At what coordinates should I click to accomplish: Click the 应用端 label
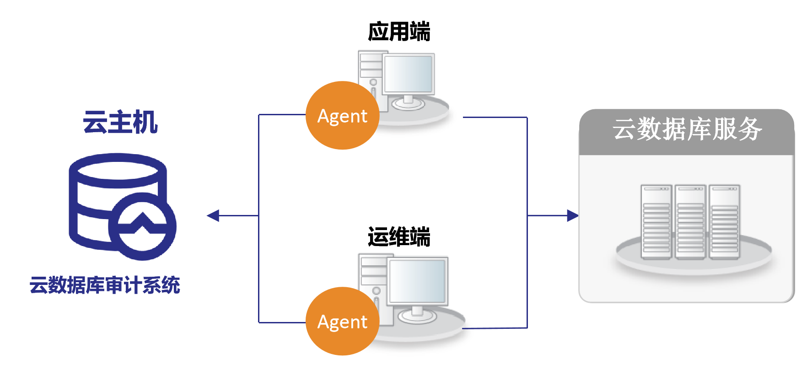pyautogui.click(x=399, y=32)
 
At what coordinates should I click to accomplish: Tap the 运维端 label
pyautogui.click(x=399, y=237)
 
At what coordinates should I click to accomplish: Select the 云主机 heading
pyautogui.click(x=120, y=122)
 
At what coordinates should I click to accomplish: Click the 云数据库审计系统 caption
pyautogui.click(x=105, y=285)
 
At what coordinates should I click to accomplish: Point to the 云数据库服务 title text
pyautogui.click(x=687, y=129)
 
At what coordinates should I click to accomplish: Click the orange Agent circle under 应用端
pyautogui.click(x=342, y=115)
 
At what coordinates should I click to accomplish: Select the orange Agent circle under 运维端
pyautogui.click(x=342, y=321)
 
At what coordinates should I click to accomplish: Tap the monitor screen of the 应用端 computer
pyautogui.click(x=409, y=74)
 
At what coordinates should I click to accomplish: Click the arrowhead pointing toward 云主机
pyautogui.click(x=213, y=215)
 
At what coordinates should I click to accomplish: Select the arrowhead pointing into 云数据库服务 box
pyautogui.click(x=573, y=215)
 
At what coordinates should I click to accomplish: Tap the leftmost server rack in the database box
pyautogui.click(x=656, y=222)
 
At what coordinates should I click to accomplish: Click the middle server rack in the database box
pyautogui.click(x=690, y=222)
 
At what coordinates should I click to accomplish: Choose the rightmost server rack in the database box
pyautogui.click(x=724, y=222)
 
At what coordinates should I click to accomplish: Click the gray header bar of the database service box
pyautogui.click(x=686, y=132)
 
